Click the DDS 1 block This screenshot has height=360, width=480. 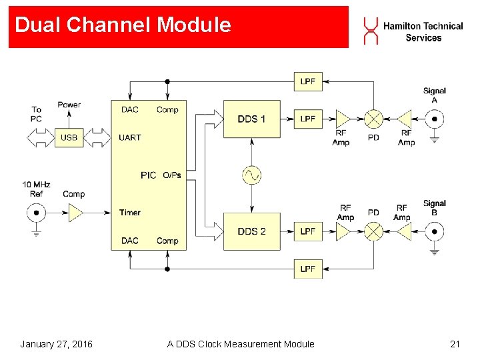tap(252, 119)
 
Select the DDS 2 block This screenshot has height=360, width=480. tap(252, 231)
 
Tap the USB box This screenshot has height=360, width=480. tap(69, 137)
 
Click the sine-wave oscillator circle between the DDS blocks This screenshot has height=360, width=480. tap(251, 175)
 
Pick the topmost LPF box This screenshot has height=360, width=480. tap(308, 81)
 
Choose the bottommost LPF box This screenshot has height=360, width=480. tap(308, 269)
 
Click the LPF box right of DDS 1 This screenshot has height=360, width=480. tap(308, 119)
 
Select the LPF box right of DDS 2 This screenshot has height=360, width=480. tap(308, 231)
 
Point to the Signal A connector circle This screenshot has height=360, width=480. tap(435, 119)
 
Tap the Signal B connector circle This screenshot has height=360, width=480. tap(435, 231)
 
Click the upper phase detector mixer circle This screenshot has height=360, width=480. tap(374, 119)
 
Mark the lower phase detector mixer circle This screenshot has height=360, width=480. tap(374, 231)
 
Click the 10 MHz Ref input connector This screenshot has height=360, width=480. tap(36, 213)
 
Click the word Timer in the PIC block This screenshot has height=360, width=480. tap(130, 213)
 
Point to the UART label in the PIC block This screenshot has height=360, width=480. tap(130, 137)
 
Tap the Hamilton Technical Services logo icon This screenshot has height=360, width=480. tap(371, 31)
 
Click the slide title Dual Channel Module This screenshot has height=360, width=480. tap(123, 25)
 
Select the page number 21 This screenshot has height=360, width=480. tap(455, 344)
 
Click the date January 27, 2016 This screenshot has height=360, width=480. tap(56, 344)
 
